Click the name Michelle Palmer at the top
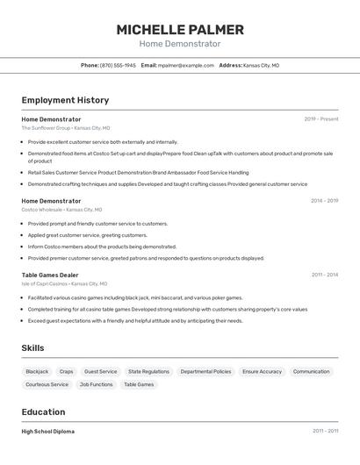180,30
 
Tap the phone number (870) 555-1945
118,65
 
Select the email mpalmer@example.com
186,65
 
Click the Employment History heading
65,100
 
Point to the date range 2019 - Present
321,118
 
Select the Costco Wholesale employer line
61,210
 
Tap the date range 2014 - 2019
324,201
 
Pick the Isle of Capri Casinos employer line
64,283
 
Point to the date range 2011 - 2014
324,275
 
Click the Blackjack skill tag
37,371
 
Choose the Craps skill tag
67,371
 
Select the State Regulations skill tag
148,371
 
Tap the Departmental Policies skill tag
205,371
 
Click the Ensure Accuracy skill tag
262,371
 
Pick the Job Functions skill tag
96,384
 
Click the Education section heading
43,411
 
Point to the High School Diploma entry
48,431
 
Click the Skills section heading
32,348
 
